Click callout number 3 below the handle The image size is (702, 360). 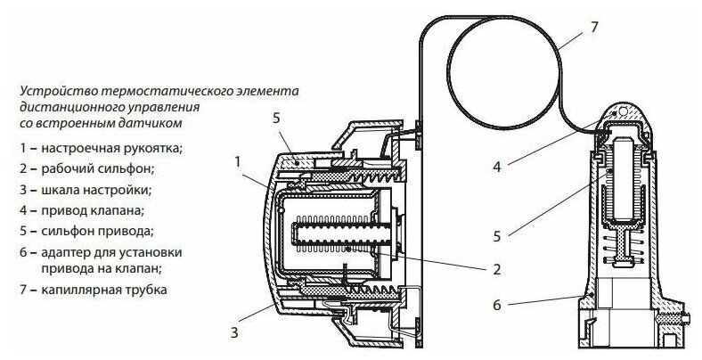[x=233, y=333]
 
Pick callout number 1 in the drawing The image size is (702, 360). [x=238, y=161]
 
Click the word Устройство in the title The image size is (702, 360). [x=47, y=90]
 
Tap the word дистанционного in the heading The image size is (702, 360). [x=64, y=105]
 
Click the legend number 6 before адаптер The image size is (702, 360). [x=20, y=252]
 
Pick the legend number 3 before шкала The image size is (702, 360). [x=20, y=190]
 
